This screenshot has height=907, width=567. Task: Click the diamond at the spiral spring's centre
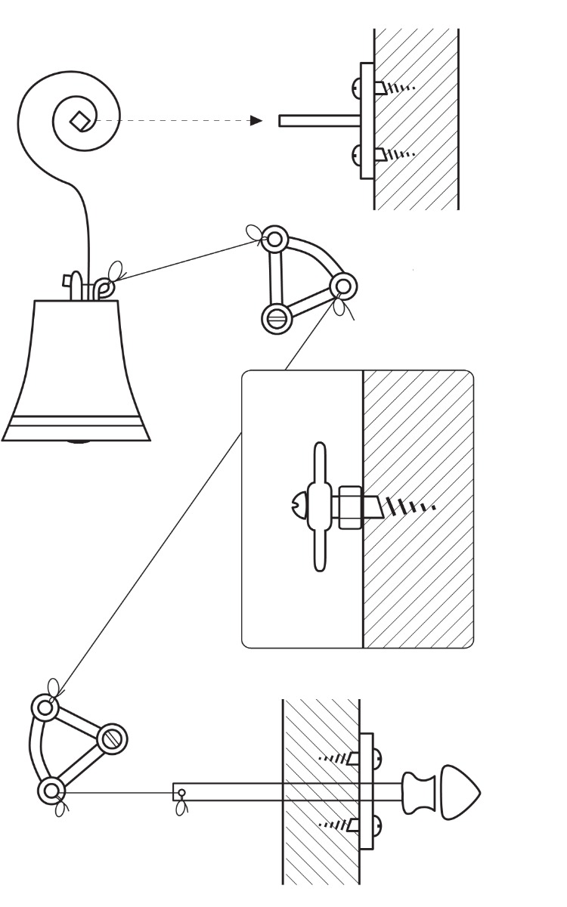click(78, 119)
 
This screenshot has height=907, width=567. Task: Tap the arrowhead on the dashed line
click(258, 120)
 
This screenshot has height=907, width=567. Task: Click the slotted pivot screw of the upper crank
click(275, 317)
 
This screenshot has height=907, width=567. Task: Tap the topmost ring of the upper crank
click(275, 240)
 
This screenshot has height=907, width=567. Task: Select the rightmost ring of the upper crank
click(342, 286)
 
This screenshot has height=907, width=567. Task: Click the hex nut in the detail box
click(350, 506)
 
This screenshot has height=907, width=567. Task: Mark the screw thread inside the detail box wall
click(408, 504)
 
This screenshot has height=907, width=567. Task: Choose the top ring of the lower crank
click(45, 708)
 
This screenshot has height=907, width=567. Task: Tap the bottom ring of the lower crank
click(51, 791)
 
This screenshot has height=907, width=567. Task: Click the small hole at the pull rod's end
click(180, 793)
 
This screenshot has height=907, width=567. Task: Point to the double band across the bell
click(76, 425)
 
